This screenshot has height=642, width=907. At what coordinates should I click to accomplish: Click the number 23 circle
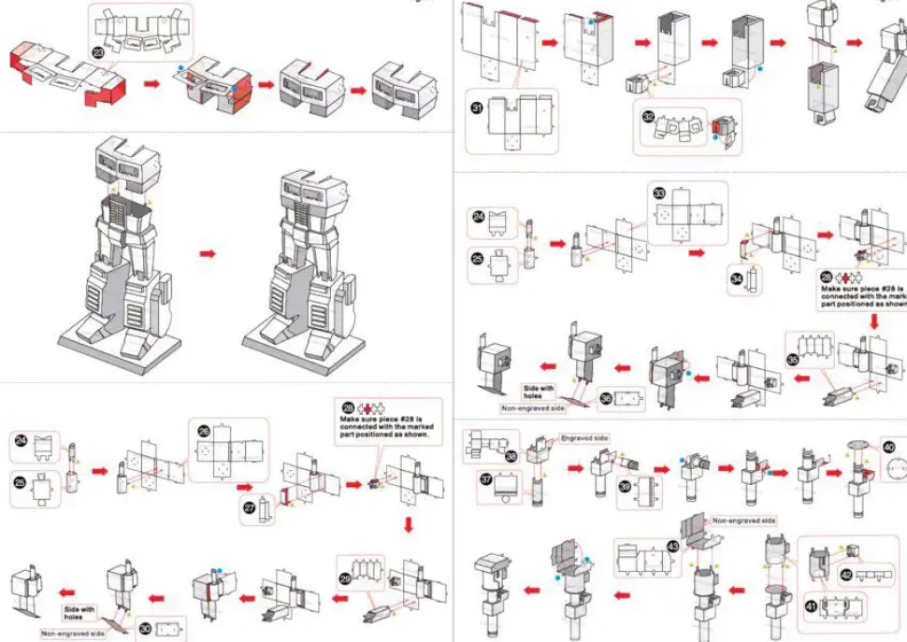pyautogui.click(x=99, y=52)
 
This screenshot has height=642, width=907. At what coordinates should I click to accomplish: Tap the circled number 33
pyautogui.click(x=659, y=194)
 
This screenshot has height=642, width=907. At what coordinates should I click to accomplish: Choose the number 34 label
pyautogui.click(x=738, y=278)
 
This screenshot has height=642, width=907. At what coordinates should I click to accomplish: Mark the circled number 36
pyautogui.click(x=607, y=398)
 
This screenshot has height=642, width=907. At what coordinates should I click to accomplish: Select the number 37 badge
pyautogui.click(x=486, y=479)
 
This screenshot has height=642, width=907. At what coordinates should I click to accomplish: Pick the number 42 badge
pyautogui.click(x=845, y=577)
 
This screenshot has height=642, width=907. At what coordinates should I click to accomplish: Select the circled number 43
pyautogui.click(x=672, y=546)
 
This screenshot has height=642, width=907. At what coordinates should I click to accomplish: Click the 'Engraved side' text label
pyautogui.click(x=584, y=437)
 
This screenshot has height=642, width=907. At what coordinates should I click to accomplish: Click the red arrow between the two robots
pyautogui.click(x=209, y=253)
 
